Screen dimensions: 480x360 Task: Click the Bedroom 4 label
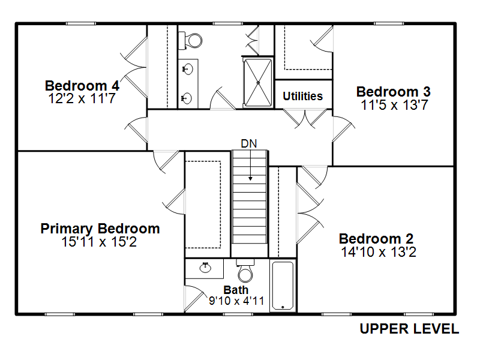click(x=82, y=86)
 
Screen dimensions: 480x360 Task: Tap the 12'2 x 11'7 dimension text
click(x=82, y=98)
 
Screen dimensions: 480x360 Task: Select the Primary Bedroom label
click(x=100, y=229)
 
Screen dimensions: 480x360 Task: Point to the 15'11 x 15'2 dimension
click(x=99, y=242)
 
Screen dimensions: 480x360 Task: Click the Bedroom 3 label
click(x=394, y=92)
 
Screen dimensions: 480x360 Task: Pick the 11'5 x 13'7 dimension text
click(x=394, y=105)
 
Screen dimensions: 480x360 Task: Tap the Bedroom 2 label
click(x=376, y=239)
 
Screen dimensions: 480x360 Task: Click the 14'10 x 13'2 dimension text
click(x=379, y=252)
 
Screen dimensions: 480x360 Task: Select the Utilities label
click(x=303, y=96)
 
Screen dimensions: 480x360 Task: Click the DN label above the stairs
click(x=249, y=143)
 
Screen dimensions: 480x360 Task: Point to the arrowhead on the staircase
click(x=250, y=178)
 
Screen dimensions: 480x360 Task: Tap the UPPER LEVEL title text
click(x=409, y=329)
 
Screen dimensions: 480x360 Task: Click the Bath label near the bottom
click(x=236, y=290)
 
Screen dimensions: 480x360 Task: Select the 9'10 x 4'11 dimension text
click(x=236, y=301)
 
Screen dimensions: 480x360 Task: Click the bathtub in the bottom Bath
click(x=283, y=286)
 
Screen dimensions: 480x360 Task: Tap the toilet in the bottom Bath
click(x=245, y=271)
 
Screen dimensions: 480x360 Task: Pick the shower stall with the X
click(x=258, y=83)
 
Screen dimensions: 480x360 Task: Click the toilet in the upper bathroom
click(x=191, y=40)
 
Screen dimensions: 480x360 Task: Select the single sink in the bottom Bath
click(x=205, y=268)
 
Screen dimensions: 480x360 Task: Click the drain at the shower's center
click(x=258, y=83)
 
